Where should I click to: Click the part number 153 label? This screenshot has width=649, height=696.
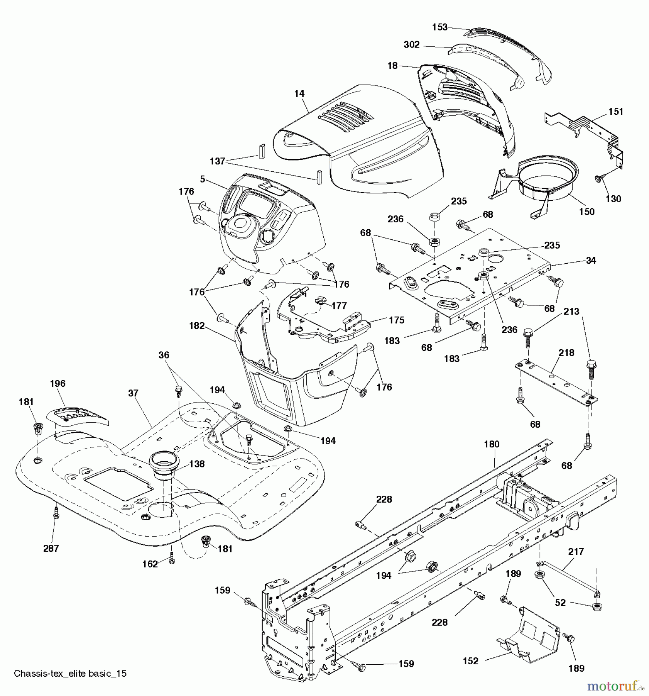[x=439, y=27]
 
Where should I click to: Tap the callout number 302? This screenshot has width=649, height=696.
[x=412, y=45]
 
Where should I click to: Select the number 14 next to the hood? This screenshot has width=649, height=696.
[x=299, y=94]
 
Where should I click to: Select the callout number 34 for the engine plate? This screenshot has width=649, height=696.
[x=591, y=260]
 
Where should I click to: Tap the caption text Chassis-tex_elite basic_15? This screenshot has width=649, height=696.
[x=70, y=673]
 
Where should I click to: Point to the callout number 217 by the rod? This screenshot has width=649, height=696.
[x=576, y=552]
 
